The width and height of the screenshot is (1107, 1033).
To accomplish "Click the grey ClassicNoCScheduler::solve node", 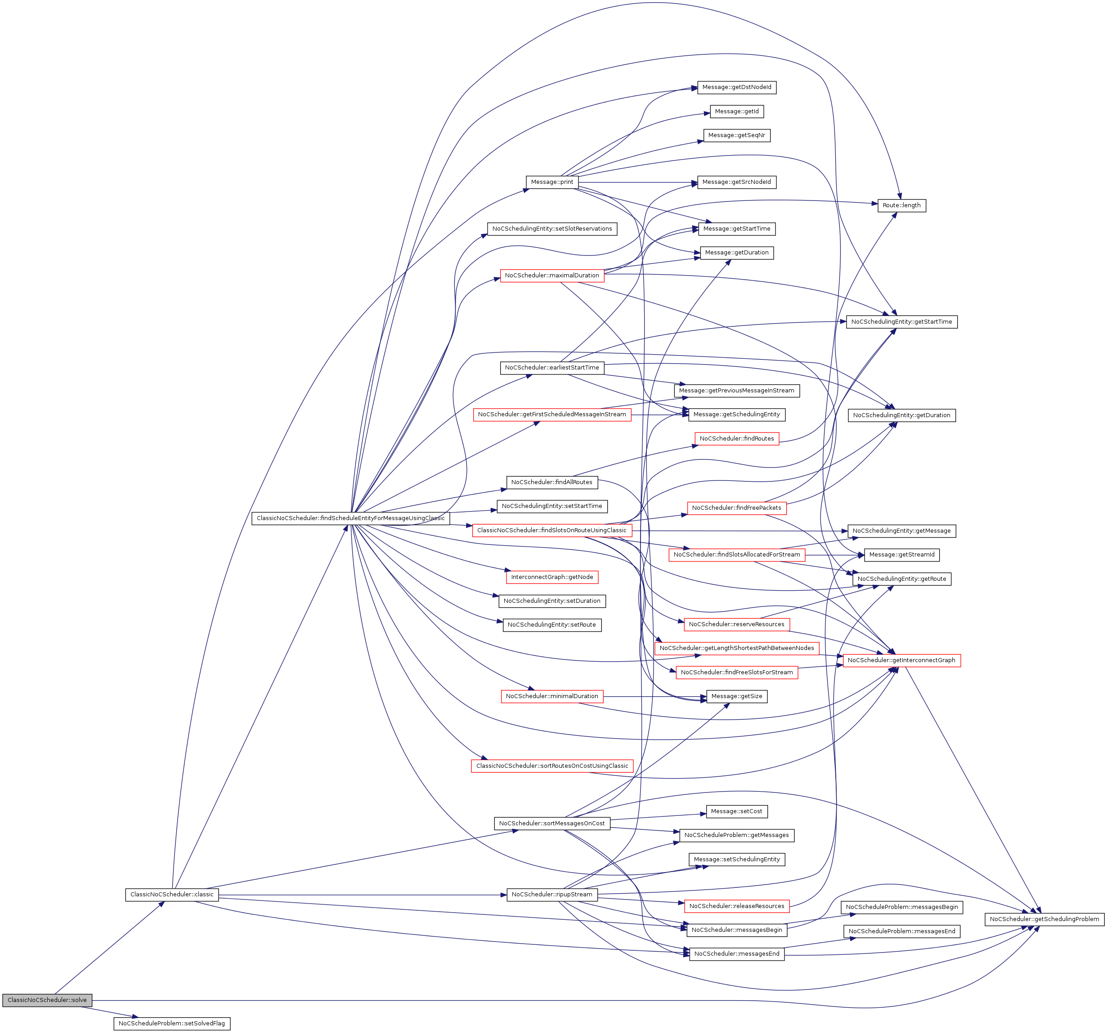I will [x=47, y=1000].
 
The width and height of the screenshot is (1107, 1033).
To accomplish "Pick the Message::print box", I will [x=552, y=182].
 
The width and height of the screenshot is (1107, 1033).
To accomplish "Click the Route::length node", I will [x=901, y=205].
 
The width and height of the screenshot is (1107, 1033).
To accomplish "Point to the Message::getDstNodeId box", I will [x=737, y=87].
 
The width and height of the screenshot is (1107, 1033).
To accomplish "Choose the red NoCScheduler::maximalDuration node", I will [x=552, y=276].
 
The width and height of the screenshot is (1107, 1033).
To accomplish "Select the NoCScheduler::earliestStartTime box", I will [x=552, y=368].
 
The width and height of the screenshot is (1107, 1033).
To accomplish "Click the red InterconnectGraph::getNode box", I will [x=552, y=577].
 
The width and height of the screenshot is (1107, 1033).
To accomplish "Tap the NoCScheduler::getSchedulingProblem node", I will [x=1044, y=919].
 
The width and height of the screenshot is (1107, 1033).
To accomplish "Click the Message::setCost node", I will [x=737, y=811].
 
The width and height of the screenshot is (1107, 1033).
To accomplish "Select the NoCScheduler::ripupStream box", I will [x=552, y=895].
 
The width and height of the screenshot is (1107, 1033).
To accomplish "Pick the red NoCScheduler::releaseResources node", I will [x=737, y=906].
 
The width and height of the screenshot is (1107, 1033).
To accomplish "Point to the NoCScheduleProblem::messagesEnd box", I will [x=901, y=931].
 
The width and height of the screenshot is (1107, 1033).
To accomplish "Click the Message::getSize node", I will [x=737, y=696].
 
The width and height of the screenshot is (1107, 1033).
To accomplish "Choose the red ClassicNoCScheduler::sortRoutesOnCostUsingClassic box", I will [x=552, y=766].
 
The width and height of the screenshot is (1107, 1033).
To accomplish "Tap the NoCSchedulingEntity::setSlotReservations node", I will [x=552, y=229].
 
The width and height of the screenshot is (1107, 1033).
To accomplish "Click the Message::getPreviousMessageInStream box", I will [x=737, y=391].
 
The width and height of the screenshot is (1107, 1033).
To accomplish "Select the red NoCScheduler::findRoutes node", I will [x=737, y=439].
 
